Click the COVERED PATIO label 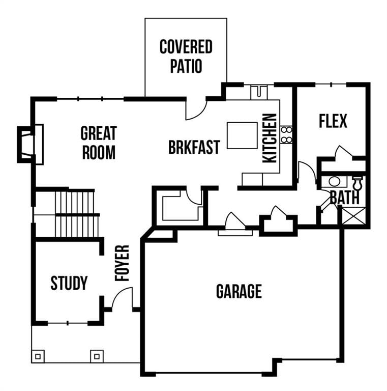(186, 57)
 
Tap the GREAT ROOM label (99, 143)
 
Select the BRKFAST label (194, 147)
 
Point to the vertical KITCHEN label (270, 138)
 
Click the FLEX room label (333, 121)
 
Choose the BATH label (344, 197)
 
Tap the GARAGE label (239, 291)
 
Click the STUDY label (69, 283)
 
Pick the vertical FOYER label (122, 263)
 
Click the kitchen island (242, 135)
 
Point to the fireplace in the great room (29, 145)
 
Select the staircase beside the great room (76, 213)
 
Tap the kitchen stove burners (286, 134)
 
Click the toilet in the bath (358, 182)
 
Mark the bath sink (334, 181)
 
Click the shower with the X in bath (354, 216)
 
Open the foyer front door (122, 298)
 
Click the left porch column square (38, 355)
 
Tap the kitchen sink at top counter (259, 93)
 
